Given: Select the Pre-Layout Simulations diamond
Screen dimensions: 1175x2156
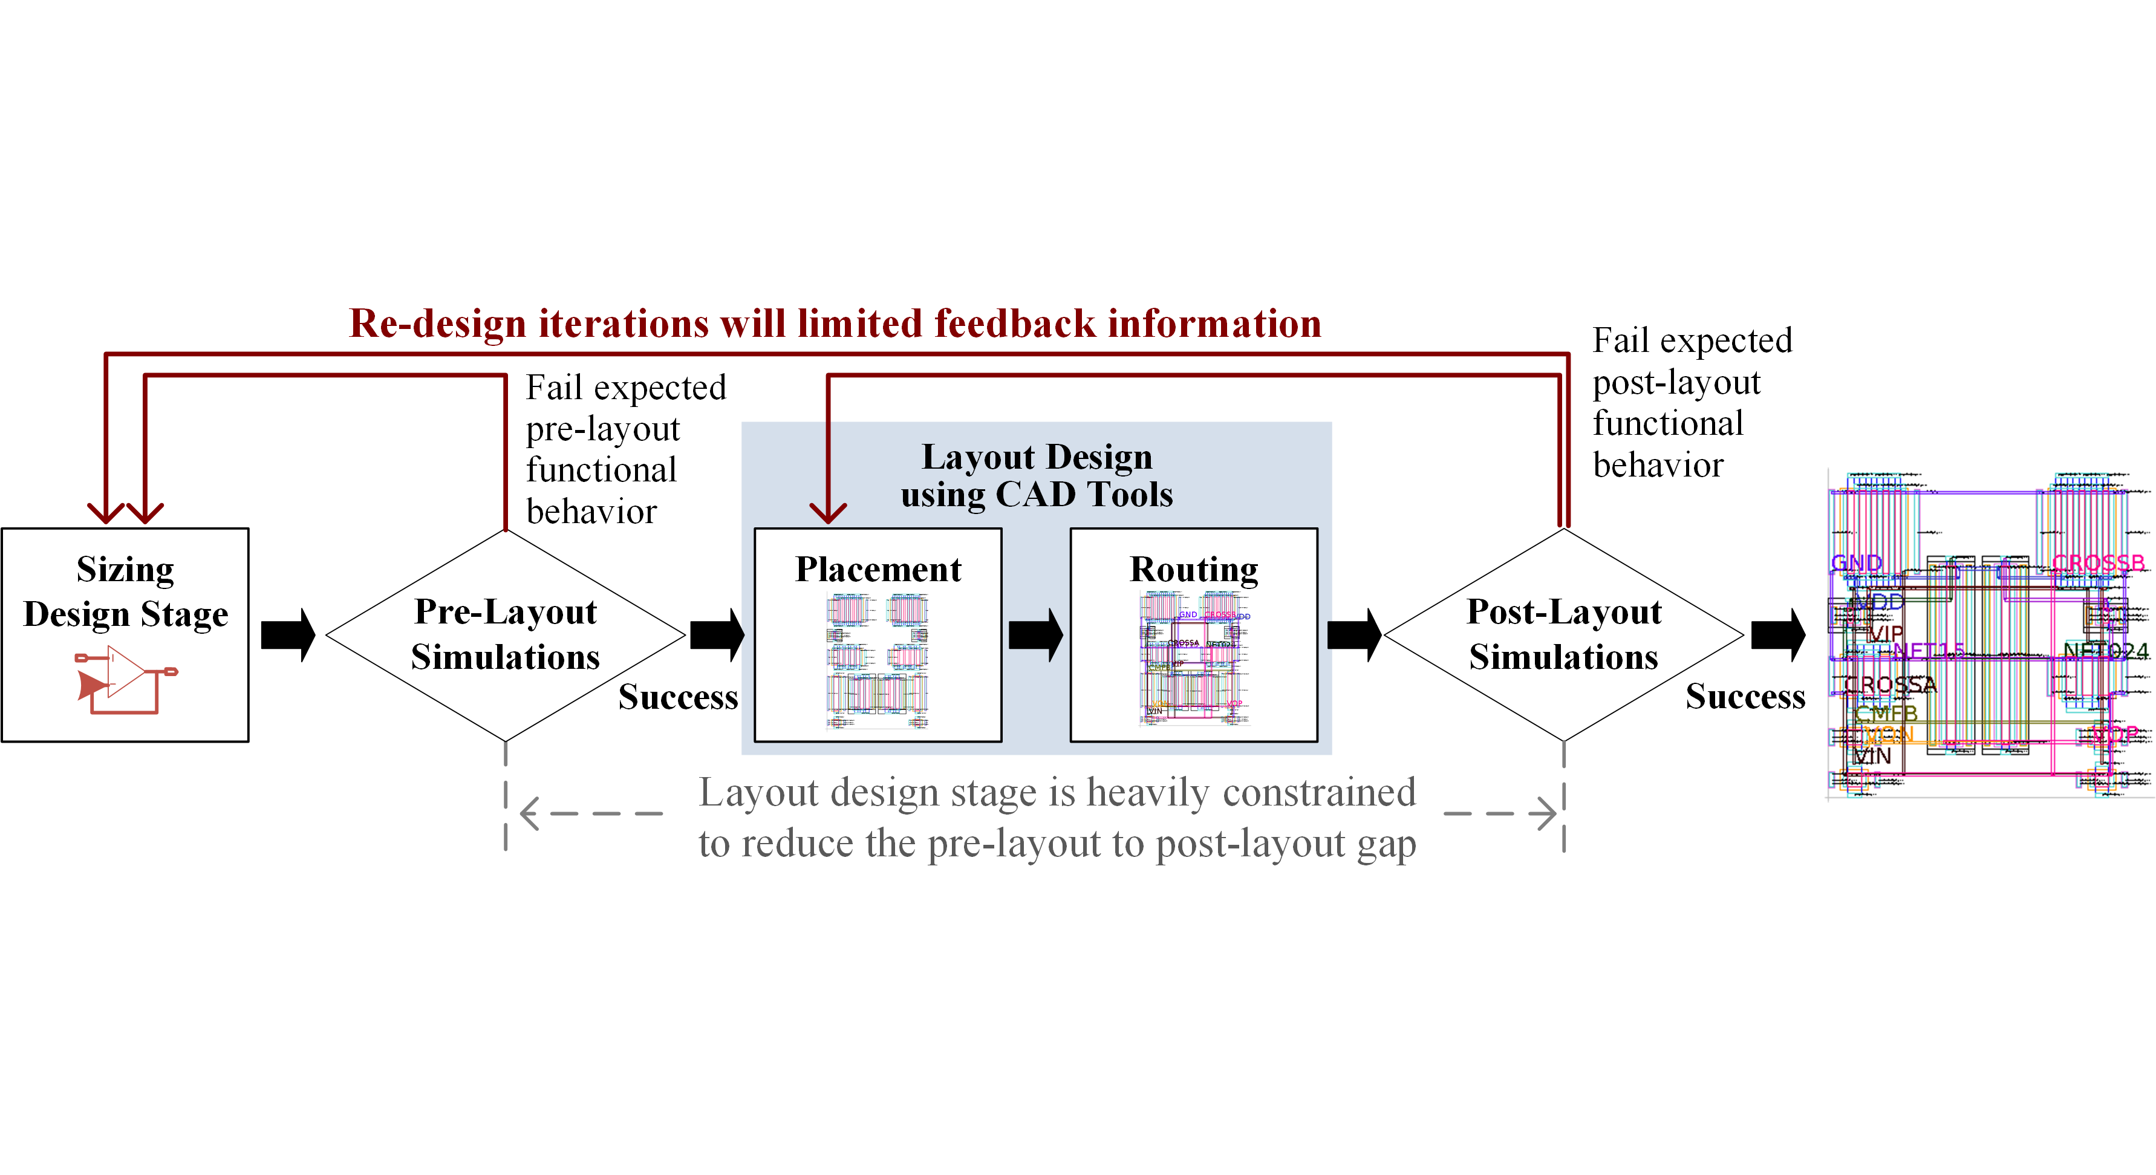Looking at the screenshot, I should [505, 634].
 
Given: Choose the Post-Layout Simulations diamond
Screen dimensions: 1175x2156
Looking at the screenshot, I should [1563, 634].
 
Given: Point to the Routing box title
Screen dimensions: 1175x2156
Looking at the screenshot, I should [1193, 569].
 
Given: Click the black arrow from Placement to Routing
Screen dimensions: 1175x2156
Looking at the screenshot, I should [1035, 634].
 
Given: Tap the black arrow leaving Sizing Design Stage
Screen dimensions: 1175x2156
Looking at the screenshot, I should [287, 634].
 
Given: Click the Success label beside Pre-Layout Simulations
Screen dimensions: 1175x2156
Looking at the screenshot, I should [678, 696].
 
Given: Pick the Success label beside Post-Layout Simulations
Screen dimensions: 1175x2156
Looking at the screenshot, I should [1745, 696].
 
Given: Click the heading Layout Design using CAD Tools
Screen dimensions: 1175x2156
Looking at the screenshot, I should [1036, 475].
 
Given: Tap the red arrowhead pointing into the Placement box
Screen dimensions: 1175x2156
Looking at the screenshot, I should [828, 512].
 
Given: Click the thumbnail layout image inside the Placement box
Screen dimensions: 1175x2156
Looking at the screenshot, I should [877, 660].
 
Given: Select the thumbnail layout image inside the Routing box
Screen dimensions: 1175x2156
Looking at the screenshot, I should [1193, 658].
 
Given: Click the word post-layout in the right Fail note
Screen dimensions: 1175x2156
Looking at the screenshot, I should [1676, 382].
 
